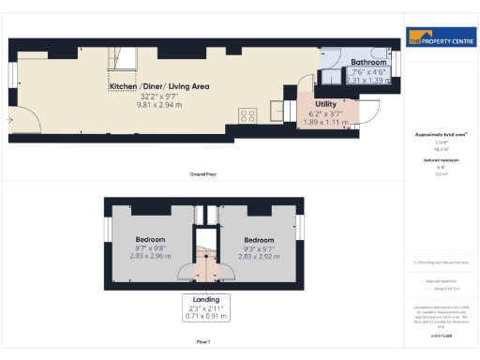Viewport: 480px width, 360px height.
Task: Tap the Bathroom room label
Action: click(x=367, y=63)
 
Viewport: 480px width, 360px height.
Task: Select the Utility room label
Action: click(x=326, y=104)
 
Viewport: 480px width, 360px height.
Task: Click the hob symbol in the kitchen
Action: click(x=248, y=115)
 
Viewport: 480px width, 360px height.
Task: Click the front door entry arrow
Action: click(x=9, y=120)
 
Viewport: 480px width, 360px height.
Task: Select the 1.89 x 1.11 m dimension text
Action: click(x=326, y=121)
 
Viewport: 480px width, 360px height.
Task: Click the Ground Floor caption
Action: click(x=204, y=174)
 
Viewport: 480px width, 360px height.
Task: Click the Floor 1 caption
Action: click(x=203, y=343)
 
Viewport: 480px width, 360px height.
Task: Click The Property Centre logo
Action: click(x=441, y=40)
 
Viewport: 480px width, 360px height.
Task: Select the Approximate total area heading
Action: click(x=441, y=134)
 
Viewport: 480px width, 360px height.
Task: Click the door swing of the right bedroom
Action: click(x=222, y=273)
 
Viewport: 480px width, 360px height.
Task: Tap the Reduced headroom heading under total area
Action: click(x=441, y=160)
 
